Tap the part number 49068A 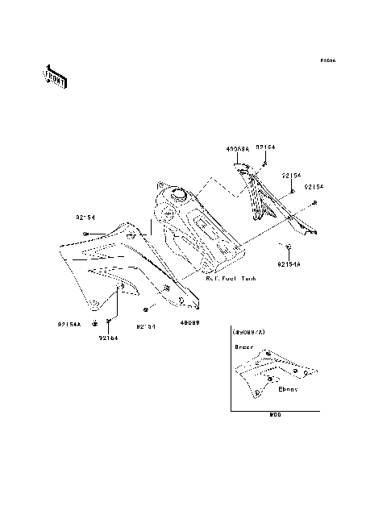coord(237,149)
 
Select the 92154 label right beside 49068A coord(265,147)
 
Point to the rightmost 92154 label coord(314,187)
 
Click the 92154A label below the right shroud coord(289,263)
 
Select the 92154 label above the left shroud coord(87,218)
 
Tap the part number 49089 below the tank coord(189,321)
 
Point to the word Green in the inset coord(243,346)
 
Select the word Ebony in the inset coord(288,389)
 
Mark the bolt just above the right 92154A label coord(287,245)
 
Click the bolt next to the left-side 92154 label coord(85,233)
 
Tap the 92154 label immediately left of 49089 coord(145,326)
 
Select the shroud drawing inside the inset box coord(270,373)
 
